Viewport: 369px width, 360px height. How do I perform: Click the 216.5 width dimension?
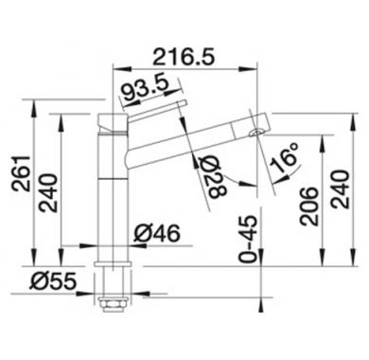[184, 57]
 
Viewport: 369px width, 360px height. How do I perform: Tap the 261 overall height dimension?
[21, 173]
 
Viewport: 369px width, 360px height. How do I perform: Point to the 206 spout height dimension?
[308, 207]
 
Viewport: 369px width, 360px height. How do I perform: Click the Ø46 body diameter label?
[157, 234]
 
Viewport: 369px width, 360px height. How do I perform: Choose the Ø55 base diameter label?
[53, 280]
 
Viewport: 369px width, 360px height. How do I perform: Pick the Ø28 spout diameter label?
[215, 176]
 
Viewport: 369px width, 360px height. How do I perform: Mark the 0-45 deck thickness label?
[248, 239]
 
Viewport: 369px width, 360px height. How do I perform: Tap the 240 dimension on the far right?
[341, 189]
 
